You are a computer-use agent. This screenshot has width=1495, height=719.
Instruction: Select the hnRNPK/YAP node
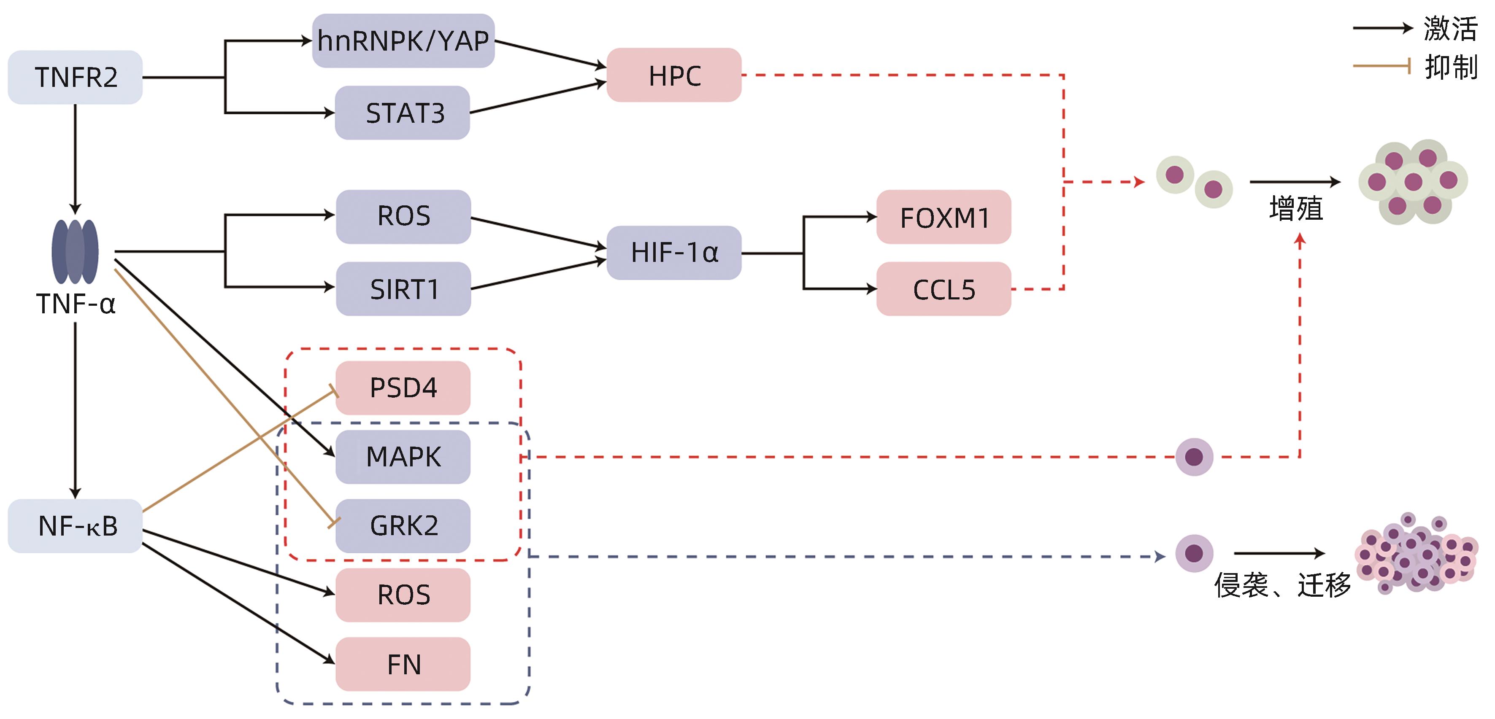pos(403,40)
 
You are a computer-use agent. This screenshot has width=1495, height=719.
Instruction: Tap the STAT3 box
pos(403,113)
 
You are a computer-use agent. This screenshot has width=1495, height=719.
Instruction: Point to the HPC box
pos(674,75)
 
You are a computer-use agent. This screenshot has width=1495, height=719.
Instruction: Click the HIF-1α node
pos(674,253)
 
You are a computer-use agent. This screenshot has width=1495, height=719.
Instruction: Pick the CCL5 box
pos(943,289)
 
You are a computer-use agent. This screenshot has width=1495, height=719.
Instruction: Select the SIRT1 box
pos(403,289)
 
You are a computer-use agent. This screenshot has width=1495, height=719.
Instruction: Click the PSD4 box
pos(403,387)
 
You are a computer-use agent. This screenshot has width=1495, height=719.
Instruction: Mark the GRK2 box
pos(403,526)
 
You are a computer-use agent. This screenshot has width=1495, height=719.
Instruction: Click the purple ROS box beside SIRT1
pos(403,216)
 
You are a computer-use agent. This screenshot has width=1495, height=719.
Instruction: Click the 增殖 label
pos(1296,209)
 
